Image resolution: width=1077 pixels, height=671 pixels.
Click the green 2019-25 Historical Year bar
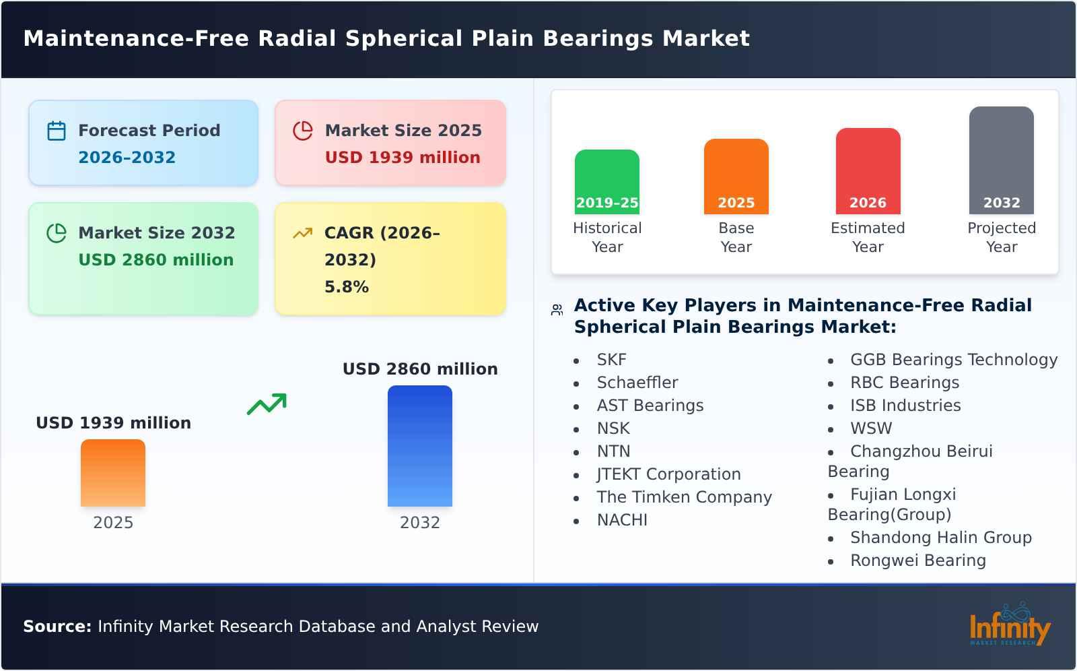pyautogui.click(x=606, y=181)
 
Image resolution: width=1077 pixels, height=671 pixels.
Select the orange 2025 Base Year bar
pyautogui.click(x=736, y=176)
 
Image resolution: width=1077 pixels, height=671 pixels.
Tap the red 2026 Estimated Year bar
pyautogui.click(x=868, y=170)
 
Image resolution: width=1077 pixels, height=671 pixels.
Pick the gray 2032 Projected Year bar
pyautogui.click(x=1001, y=160)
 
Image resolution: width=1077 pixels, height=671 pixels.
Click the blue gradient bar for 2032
pyautogui.click(x=419, y=445)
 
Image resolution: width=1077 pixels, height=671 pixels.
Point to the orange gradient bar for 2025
pyautogui.click(x=113, y=472)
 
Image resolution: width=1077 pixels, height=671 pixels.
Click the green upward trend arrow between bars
pyautogui.click(x=267, y=404)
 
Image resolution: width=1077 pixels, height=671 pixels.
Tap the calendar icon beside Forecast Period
pyautogui.click(x=57, y=131)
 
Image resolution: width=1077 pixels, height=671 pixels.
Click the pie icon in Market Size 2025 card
pyautogui.click(x=303, y=131)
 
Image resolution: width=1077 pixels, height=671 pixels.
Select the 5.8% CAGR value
pyautogui.click(x=346, y=287)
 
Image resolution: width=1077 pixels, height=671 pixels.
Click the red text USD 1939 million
pyautogui.click(x=403, y=158)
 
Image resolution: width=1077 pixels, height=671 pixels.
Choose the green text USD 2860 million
pyautogui.click(x=156, y=260)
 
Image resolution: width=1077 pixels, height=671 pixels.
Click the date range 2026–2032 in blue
pyautogui.click(x=127, y=158)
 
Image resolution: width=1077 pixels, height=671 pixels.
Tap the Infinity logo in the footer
pyautogui.click(x=1009, y=625)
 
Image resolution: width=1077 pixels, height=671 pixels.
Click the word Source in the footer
pyautogui.click(x=57, y=627)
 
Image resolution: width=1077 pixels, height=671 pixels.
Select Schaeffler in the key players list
pyautogui.click(x=637, y=383)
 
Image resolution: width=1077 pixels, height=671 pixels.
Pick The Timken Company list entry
pyautogui.click(x=684, y=497)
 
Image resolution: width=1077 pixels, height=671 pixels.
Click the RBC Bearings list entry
pyautogui.click(x=904, y=383)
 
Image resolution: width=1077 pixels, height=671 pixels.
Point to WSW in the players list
pyautogui.click(x=870, y=428)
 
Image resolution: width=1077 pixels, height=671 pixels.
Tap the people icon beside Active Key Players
pyautogui.click(x=557, y=310)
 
